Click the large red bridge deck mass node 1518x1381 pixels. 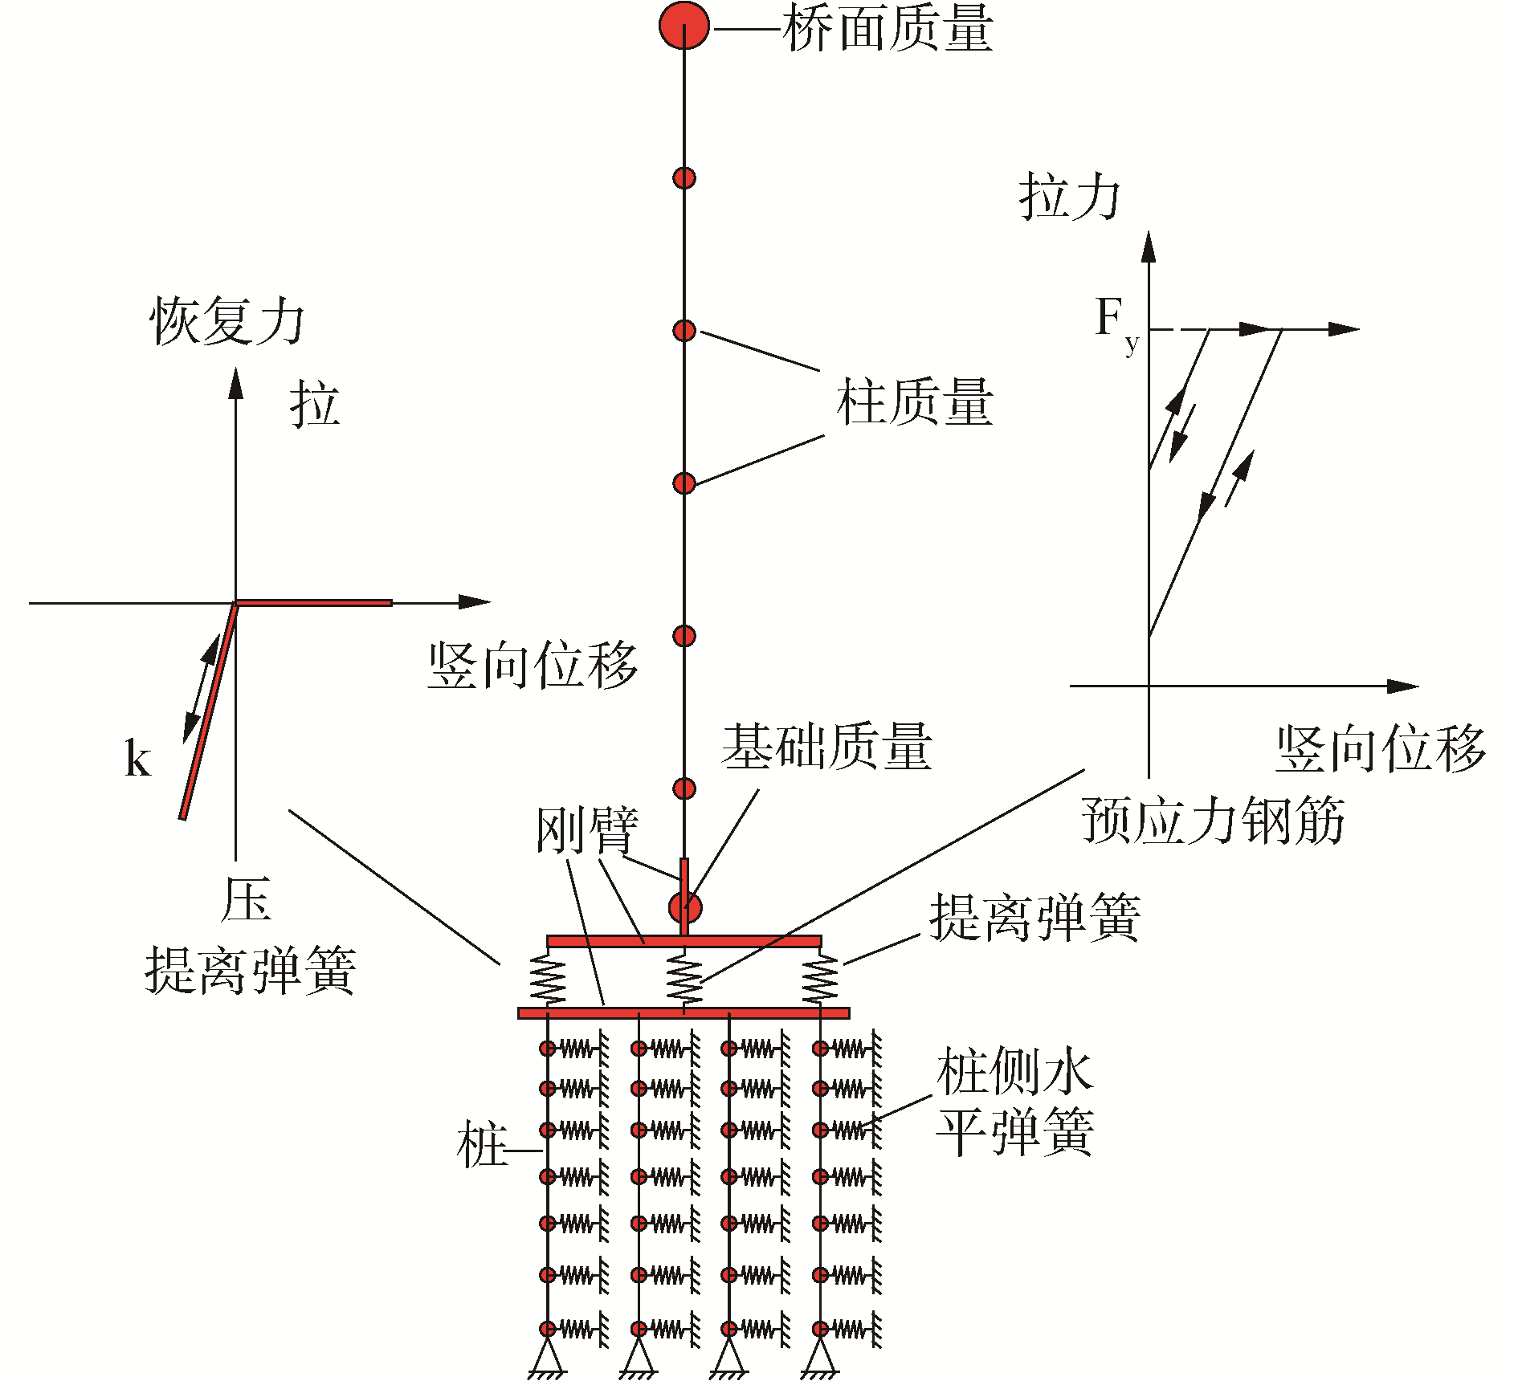point(684,26)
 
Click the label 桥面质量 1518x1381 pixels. point(888,29)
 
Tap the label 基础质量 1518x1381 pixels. point(826,747)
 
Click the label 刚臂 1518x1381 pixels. point(587,830)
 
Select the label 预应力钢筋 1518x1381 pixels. point(1213,821)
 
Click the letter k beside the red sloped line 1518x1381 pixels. point(137,759)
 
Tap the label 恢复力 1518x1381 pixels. point(227,321)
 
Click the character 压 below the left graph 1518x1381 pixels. point(246,900)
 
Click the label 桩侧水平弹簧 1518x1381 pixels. point(1015,1102)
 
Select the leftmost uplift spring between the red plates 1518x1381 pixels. point(548,978)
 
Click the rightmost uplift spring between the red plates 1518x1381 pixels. point(820,978)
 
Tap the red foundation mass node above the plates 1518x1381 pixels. point(684,908)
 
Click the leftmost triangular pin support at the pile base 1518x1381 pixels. point(548,1356)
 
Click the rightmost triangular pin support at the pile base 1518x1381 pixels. point(820,1356)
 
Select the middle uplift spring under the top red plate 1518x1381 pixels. point(684,978)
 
